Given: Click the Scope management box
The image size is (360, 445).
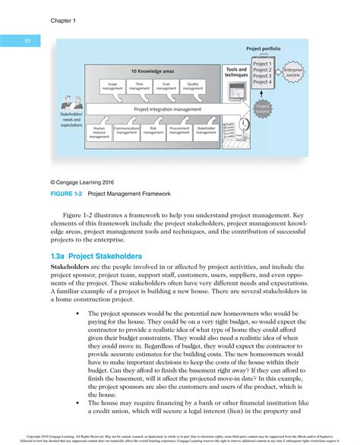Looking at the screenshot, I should click(112, 87).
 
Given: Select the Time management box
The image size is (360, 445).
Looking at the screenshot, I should click(140, 87).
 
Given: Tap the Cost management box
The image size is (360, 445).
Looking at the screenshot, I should click(166, 87).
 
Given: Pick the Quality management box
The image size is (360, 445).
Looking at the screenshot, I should click(193, 87).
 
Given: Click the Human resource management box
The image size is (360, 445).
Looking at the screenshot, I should click(99, 133).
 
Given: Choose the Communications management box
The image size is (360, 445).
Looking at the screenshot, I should click(126, 131).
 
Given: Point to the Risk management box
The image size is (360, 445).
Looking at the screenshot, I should click(153, 131).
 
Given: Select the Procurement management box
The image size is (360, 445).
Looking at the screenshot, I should click(179, 131).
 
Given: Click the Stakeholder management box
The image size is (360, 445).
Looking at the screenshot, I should click(206, 131).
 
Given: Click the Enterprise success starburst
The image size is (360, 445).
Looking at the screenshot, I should click(293, 74).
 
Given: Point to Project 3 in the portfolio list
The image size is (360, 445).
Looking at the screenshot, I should click(262, 77).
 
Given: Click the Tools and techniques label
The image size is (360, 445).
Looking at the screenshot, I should click(236, 72).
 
